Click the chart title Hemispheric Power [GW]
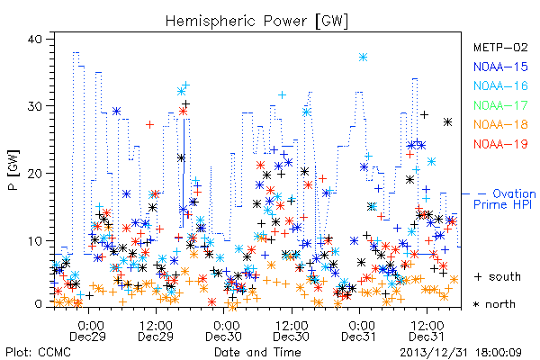[x=256, y=21]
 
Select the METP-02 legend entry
[x=500, y=47]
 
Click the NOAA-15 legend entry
[x=500, y=67]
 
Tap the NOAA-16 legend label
[x=500, y=85]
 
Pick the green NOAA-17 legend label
[x=500, y=105]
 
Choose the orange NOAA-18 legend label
[x=500, y=124]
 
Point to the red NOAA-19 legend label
[x=500, y=144]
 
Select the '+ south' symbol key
[x=498, y=276]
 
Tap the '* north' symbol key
[x=494, y=304]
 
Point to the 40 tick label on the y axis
[x=34, y=39]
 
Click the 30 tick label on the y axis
[x=34, y=106]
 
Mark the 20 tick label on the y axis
[x=34, y=174]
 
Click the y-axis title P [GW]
[x=13, y=170]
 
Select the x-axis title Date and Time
[x=257, y=352]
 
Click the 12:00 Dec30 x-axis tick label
[x=292, y=331]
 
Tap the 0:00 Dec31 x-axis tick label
[x=359, y=331]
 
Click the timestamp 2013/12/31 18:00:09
[x=461, y=353]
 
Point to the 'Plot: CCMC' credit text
[x=38, y=352]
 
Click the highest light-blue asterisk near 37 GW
[x=363, y=58]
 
